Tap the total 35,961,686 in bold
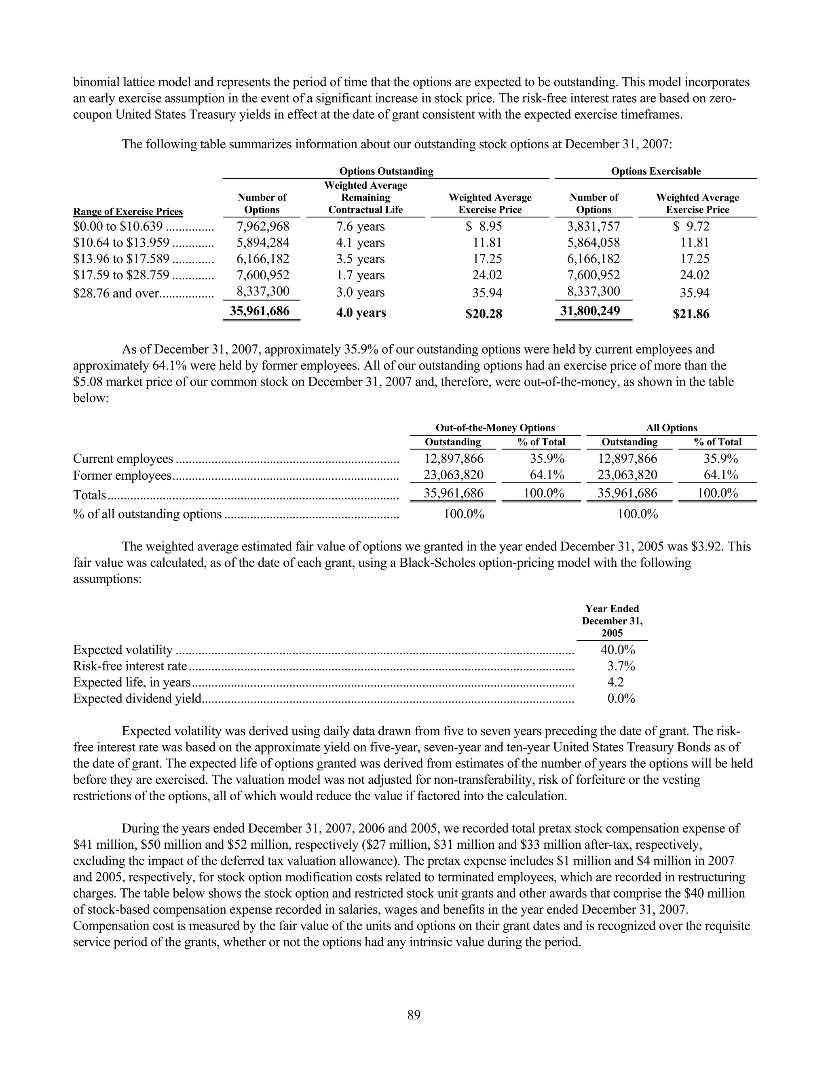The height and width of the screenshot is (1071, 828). (x=260, y=311)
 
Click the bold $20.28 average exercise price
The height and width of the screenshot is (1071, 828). (x=484, y=313)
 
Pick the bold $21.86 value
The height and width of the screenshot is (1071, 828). (x=691, y=314)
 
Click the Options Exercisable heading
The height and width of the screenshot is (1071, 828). (x=655, y=171)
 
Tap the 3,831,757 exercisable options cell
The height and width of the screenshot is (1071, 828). (x=593, y=227)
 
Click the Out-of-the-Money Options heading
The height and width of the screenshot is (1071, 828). (x=495, y=428)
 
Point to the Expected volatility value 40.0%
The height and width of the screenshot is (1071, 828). (x=618, y=650)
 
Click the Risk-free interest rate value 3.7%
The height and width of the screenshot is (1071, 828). (x=621, y=666)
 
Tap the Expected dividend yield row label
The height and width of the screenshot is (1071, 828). (x=137, y=698)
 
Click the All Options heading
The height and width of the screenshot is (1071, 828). (x=671, y=428)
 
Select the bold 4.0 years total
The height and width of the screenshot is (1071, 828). (x=361, y=313)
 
